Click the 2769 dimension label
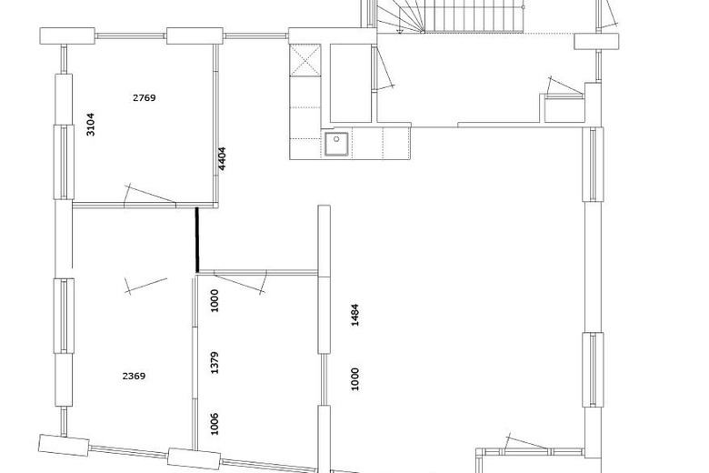[145, 97]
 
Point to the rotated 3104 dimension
[90, 125]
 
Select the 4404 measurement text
[222, 158]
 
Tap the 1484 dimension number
[354, 315]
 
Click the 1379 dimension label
[215, 363]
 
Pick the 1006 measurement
[215, 424]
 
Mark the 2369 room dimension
[134, 377]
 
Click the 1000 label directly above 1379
[215, 300]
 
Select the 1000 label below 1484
[354, 378]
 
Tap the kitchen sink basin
[336, 144]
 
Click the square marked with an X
[305, 60]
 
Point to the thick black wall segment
[196, 240]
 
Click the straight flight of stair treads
[474, 16]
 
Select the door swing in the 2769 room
[149, 194]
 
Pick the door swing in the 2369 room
[145, 286]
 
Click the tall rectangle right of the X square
[351, 84]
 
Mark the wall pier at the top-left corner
[67, 35]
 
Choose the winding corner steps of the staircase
[400, 16]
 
